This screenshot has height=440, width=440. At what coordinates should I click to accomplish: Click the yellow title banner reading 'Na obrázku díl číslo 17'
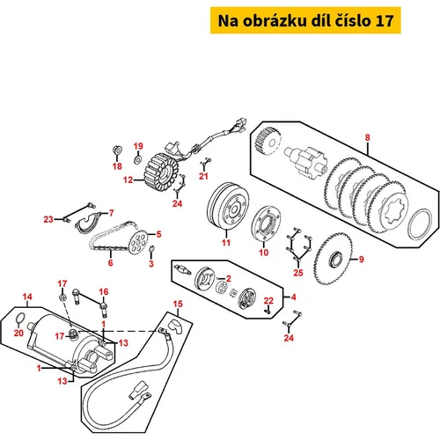pyautogui.click(x=305, y=20)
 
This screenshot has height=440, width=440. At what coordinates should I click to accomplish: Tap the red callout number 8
pyautogui.click(x=368, y=137)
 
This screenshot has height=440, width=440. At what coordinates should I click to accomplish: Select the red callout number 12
pyautogui.click(x=128, y=180)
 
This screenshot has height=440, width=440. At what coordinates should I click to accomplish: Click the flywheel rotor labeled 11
pyautogui.click(x=228, y=206)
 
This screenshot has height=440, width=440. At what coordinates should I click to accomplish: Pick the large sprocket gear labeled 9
pyautogui.click(x=334, y=259)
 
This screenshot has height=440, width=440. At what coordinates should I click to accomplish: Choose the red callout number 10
pyautogui.click(x=263, y=253)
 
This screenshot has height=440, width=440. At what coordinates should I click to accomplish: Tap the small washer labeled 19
pyautogui.click(x=137, y=160)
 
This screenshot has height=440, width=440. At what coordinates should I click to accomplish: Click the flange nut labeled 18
pyautogui.click(x=117, y=150)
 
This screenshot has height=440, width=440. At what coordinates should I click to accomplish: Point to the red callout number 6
pyautogui.click(x=110, y=262)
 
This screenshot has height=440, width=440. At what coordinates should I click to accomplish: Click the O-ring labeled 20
pyautogui.click(x=20, y=319)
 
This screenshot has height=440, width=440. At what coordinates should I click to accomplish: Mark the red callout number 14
pyautogui.click(x=27, y=297)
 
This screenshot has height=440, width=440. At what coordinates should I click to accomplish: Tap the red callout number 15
pyautogui.click(x=178, y=304)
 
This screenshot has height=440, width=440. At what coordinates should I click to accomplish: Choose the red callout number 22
pyautogui.click(x=268, y=301)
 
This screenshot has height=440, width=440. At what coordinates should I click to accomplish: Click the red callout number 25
pyautogui.click(x=298, y=273)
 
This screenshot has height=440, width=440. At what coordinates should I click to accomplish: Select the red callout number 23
pyautogui.click(x=48, y=219)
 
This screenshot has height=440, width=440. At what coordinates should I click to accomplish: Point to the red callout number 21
pyautogui.click(x=203, y=176)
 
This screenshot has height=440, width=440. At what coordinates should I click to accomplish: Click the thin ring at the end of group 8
pyautogui.click(x=421, y=224)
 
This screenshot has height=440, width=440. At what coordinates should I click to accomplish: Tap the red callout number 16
pyautogui.click(x=104, y=291)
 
